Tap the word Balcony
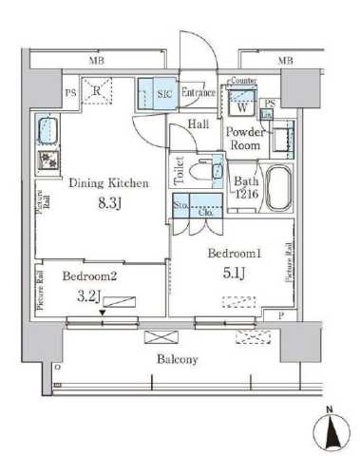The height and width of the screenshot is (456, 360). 177,359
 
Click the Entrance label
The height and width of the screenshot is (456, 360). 198,92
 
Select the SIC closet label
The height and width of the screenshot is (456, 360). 163,92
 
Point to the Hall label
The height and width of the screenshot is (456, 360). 199,124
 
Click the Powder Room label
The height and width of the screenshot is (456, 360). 242,141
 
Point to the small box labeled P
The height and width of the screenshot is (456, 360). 280,314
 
